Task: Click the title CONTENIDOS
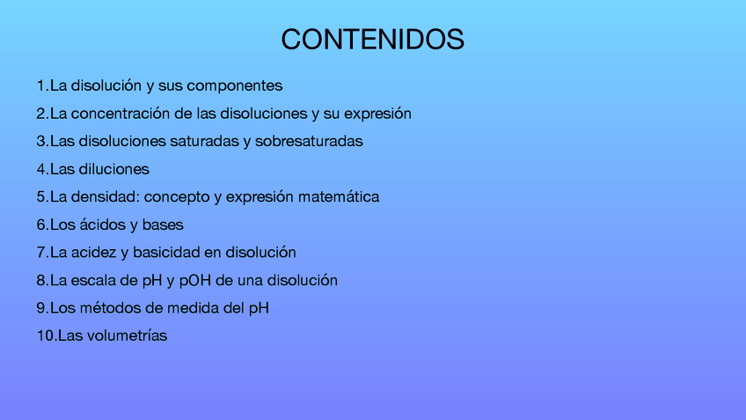pyautogui.click(x=372, y=39)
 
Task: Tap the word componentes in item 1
pyautogui.click(x=235, y=86)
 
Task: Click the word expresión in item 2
pyautogui.click(x=377, y=114)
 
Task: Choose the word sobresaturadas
pyautogui.click(x=309, y=141)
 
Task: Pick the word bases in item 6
pyautogui.click(x=163, y=225)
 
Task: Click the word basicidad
pyautogui.click(x=166, y=253)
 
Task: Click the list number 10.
pyautogui.click(x=46, y=335)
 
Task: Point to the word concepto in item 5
pyautogui.click(x=177, y=197)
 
